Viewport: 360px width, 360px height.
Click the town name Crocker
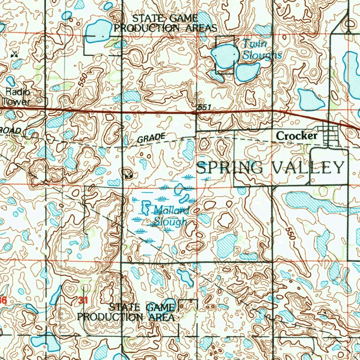(297, 136)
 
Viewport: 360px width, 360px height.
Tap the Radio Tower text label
(17, 97)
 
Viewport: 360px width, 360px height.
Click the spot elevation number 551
(203, 107)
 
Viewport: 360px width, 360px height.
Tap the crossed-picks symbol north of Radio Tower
(14, 54)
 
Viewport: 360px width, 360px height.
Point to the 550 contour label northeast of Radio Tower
(83, 81)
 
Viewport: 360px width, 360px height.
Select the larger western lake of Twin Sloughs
(223, 56)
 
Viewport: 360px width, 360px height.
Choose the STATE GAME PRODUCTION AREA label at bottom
(127, 312)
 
